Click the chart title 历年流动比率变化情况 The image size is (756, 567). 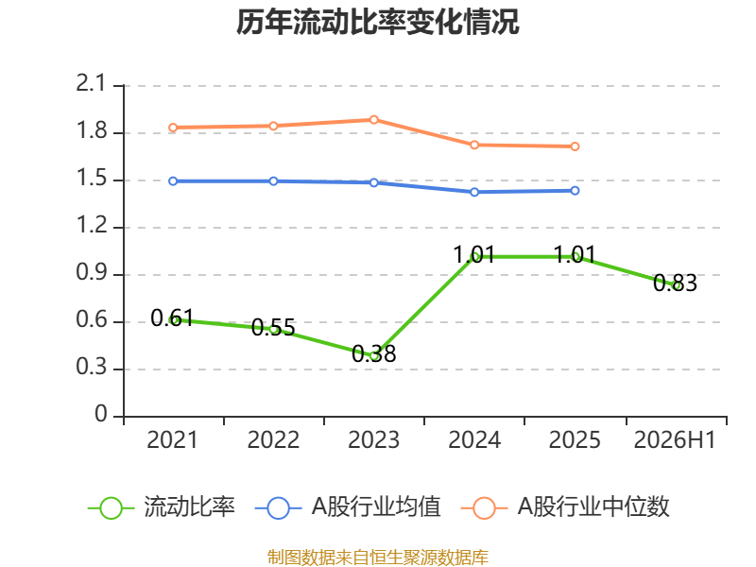pos(377,22)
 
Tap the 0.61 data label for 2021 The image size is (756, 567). pos(172,318)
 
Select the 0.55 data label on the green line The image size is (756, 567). pos(273,328)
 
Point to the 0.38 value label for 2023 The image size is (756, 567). pos(373,353)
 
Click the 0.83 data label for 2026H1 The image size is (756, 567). pos(675,283)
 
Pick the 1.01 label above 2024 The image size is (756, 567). pos(474,255)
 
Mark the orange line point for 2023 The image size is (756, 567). pos(373,120)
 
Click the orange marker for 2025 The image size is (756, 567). pos(575,146)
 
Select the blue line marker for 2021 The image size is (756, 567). pos(173,181)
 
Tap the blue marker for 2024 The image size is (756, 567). pos(474,193)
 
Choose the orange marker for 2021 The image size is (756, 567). pos(173,128)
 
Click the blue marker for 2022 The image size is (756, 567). pos(273,181)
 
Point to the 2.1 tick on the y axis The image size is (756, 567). pos(90,84)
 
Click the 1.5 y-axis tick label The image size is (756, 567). pos(91,179)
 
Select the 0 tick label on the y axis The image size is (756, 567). pos(101,414)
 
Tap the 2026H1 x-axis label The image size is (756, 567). pos(675,440)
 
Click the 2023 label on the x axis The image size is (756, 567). pos(373,440)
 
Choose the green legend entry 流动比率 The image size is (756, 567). pos(162,507)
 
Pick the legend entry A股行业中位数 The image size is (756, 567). pos(565,507)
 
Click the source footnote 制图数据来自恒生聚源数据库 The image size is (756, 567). pos(377,558)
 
